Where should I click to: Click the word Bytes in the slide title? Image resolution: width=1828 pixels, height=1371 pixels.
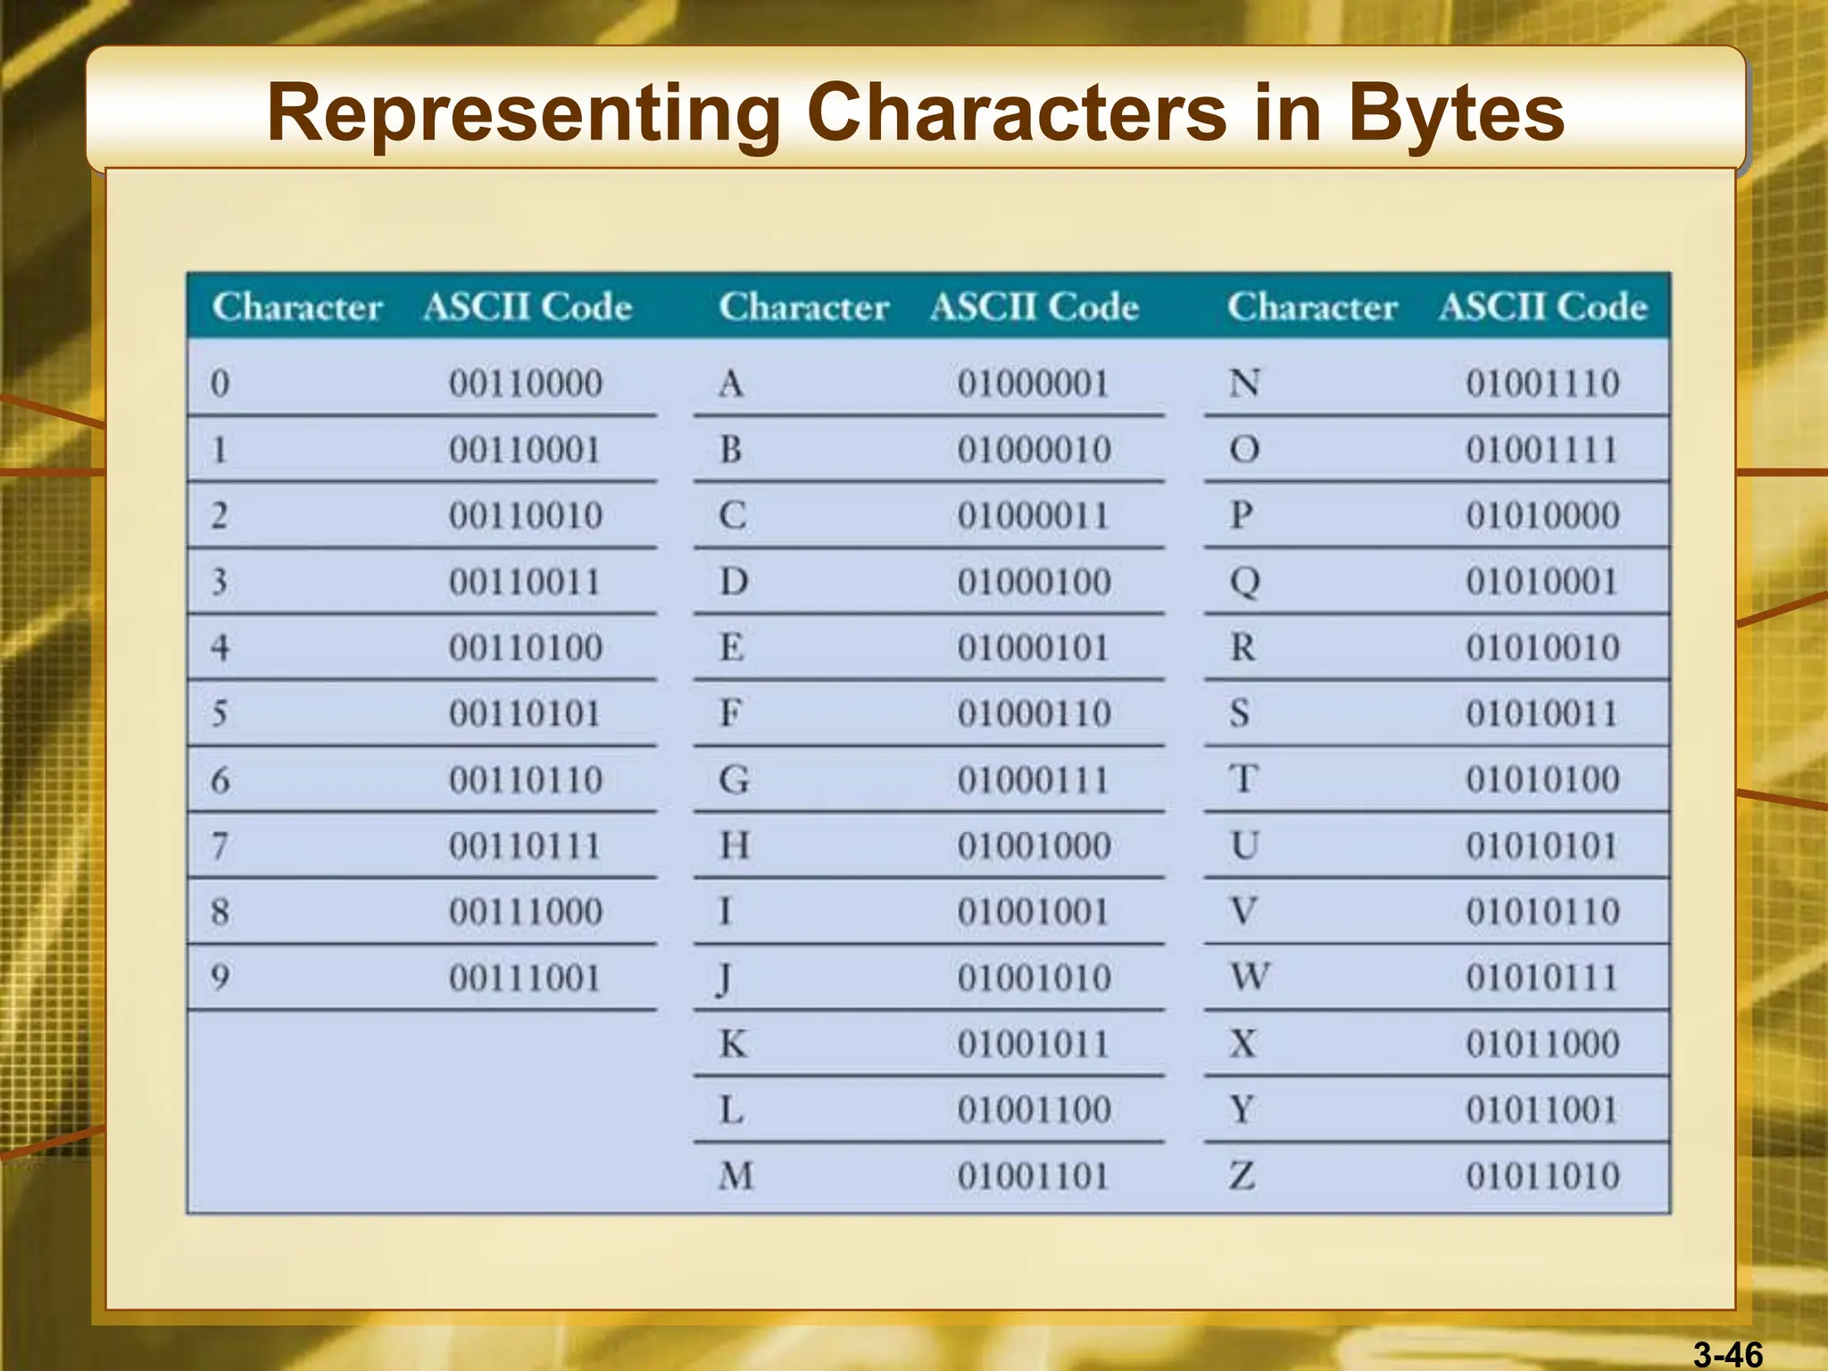point(1456,114)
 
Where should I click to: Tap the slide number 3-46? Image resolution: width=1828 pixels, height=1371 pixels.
point(1728,1354)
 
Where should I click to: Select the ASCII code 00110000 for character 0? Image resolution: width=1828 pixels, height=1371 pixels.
point(526,384)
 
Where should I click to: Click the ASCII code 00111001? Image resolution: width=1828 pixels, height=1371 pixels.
point(525,978)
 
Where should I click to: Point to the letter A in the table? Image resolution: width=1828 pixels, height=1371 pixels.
point(731,384)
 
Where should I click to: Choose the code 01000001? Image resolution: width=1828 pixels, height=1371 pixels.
point(1034,384)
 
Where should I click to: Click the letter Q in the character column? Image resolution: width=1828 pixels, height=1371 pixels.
point(1244,582)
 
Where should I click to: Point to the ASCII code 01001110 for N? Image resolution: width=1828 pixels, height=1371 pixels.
point(1542,384)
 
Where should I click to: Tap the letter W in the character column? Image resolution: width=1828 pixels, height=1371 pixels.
point(1250,977)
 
